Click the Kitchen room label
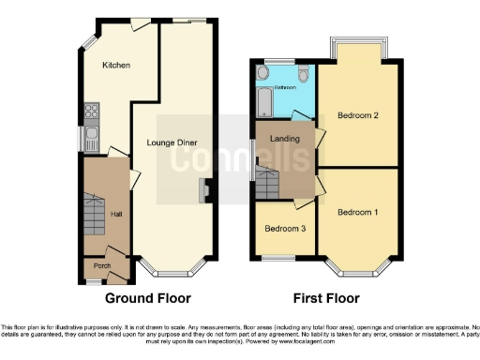pyautogui.click(x=115, y=65)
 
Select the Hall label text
pyautogui.click(x=116, y=215)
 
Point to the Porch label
pyautogui.click(x=100, y=266)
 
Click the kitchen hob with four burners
pyautogui.click(x=92, y=114)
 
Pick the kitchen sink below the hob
pyautogui.click(x=91, y=138)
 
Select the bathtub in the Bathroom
pyautogui.click(x=262, y=101)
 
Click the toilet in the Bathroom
pyautogui.click(x=303, y=74)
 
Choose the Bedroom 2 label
pyautogui.click(x=357, y=116)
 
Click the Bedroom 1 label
pyautogui.click(x=357, y=213)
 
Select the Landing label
pyautogui.click(x=284, y=139)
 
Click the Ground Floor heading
pyautogui.click(x=148, y=298)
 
